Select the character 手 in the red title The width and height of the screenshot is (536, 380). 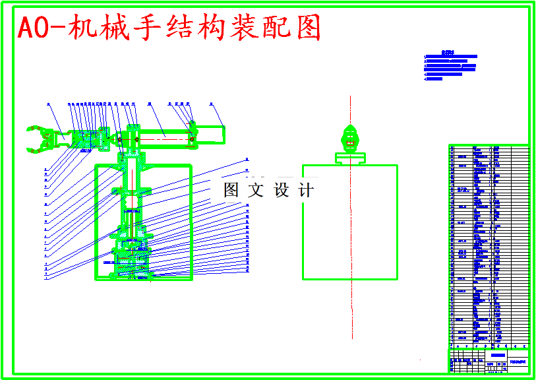click(x=146, y=28)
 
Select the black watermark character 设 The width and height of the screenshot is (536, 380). click(x=281, y=191)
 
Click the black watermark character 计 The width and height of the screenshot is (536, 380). click(x=306, y=191)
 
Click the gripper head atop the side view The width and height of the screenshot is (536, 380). click(x=351, y=138)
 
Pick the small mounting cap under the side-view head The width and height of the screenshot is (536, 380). click(x=351, y=158)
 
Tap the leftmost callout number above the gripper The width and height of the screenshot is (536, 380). click(x=49, y=104)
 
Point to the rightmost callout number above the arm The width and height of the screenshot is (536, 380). click(x=210, y=104)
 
